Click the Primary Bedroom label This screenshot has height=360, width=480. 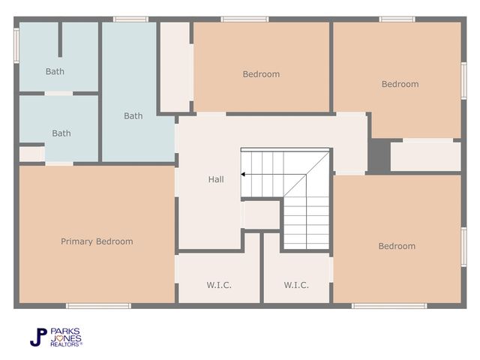tap(97, 241)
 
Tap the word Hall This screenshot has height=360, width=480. tap(216, 179)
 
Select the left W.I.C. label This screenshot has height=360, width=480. tap(219, 285)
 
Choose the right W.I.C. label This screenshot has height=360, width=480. tap(296, 285)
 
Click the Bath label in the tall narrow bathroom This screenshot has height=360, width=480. tap(133, 115)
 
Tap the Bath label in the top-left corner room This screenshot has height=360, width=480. tap(55, 72)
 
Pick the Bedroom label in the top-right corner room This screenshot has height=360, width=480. tap(400, 84)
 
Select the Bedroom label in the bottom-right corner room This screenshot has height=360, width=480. tap(397, 246)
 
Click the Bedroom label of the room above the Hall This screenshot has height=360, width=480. tap(261, 74)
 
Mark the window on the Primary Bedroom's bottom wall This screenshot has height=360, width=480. tap(98, 305)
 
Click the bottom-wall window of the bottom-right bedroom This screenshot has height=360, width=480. tap(389, 305)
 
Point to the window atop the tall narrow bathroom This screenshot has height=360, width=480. tap(130, 19)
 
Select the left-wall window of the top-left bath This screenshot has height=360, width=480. tap(16, 45)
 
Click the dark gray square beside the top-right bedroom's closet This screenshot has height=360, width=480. tap(379, 156)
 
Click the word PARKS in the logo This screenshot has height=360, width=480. tap(65, 331)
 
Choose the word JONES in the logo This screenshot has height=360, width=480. tap(66, 337)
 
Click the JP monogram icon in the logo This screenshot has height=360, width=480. tap(38, 337)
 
